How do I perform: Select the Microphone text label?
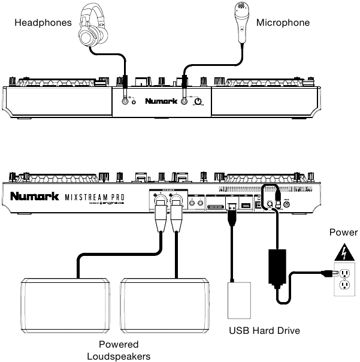[283, 23]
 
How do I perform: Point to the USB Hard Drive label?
[264, 330]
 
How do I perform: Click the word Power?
[344, 232]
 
